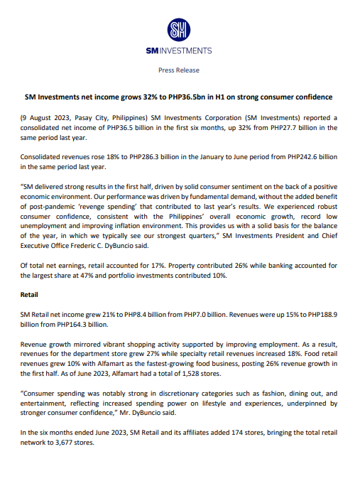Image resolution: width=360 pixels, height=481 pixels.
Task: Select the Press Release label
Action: click(x=178, y=70)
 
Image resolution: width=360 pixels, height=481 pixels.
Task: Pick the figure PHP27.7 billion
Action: click(x=260, y=126)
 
